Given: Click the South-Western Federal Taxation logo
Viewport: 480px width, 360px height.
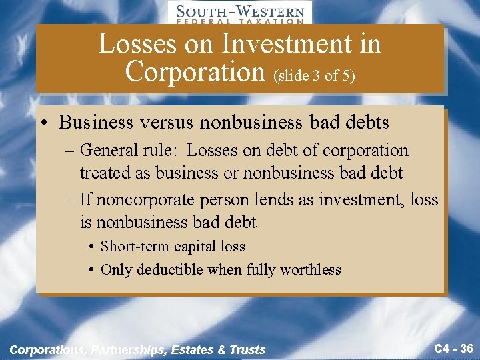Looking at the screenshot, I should pyautogui.click(x=239, y=13).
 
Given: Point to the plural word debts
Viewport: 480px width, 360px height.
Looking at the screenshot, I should pyautogui.click(x=365, y=123).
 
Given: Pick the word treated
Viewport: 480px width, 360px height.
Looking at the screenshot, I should pyautogui.click(x=107, y=173).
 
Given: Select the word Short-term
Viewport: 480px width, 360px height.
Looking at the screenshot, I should pyautogui.click(x=135, y=247).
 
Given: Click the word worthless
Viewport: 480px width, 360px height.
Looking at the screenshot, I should pyautogui.click(x=310, y=270).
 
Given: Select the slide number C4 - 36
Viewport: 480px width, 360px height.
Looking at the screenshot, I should pyautogui.click(x=453, y=348).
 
